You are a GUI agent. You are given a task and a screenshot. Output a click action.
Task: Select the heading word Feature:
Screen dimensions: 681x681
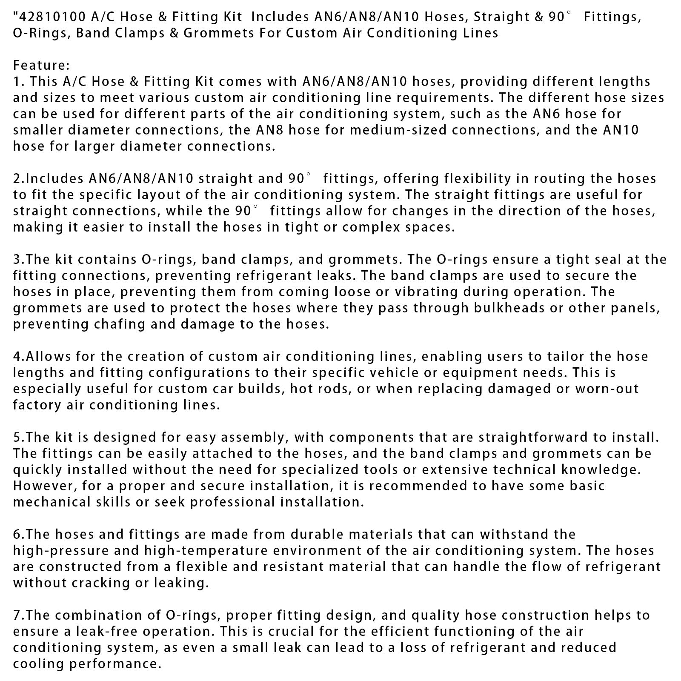point(41,66)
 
